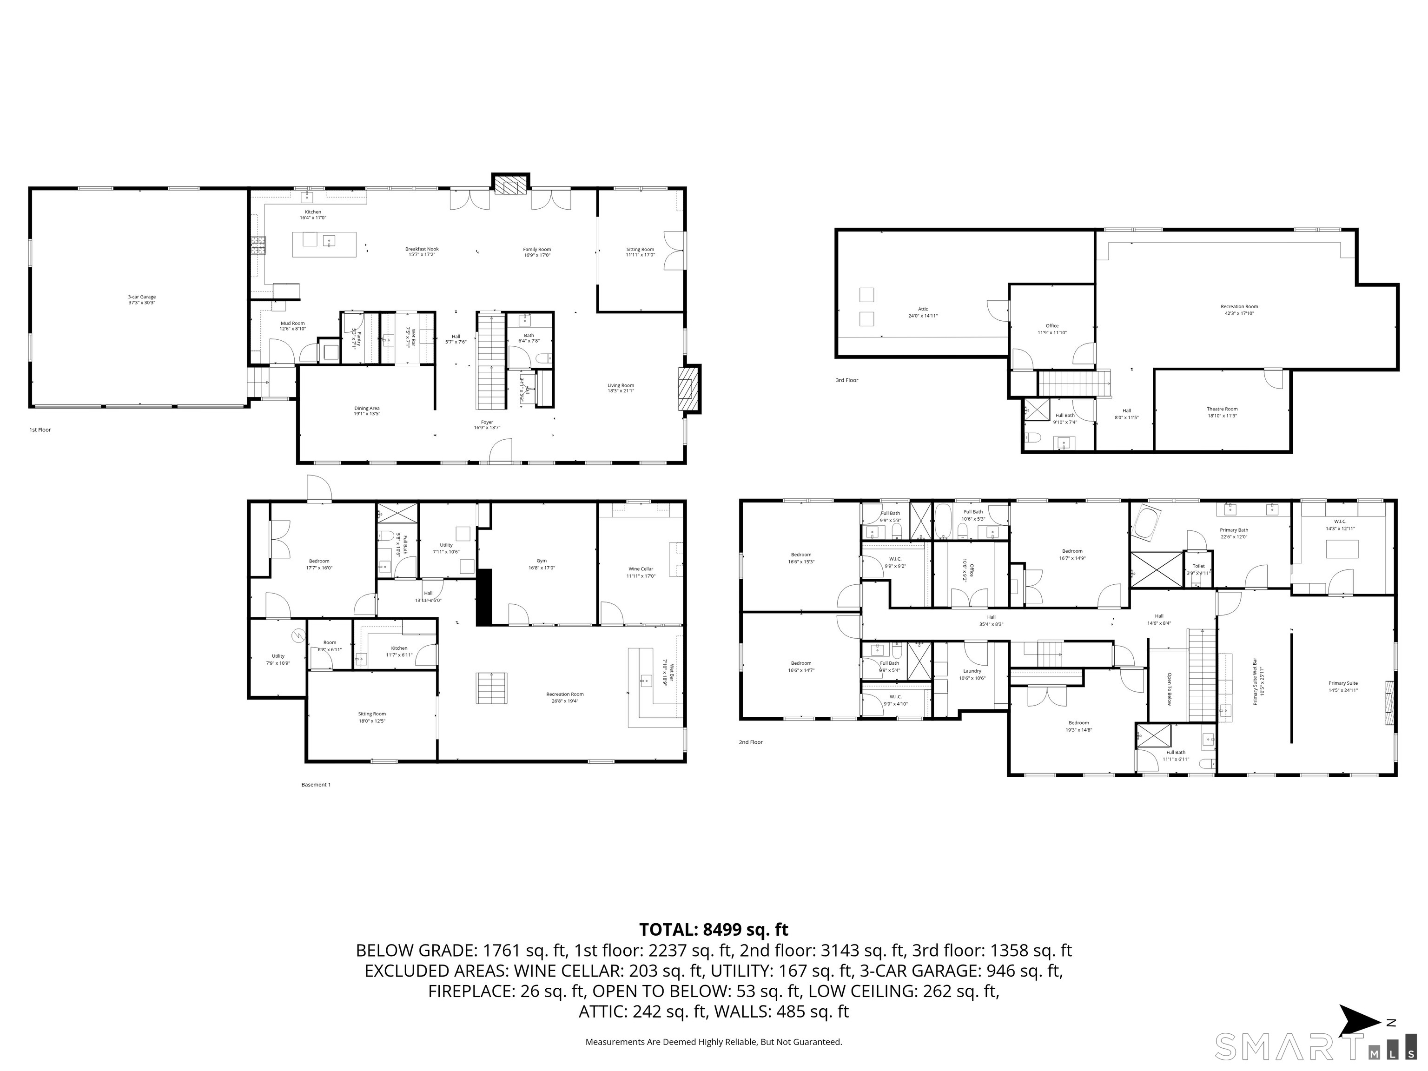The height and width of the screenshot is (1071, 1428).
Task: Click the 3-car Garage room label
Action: [141, 299]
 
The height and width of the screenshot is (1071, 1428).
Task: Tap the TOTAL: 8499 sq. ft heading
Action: [714, 930]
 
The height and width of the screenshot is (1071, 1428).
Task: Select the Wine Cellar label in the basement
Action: [641, 572]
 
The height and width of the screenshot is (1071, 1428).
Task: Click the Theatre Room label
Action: [1222, 412]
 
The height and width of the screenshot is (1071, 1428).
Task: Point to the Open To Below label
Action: [1169, 689]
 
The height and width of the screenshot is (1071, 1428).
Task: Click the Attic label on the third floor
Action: [923, 312]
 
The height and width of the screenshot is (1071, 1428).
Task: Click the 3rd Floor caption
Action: [846, 380]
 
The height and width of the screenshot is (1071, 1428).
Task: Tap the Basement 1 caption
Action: [316, 784]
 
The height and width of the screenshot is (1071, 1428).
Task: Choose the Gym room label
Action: [542, 564]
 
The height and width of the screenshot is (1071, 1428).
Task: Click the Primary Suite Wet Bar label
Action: [1255, 682]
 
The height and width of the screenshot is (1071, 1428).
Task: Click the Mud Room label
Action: [292, 326]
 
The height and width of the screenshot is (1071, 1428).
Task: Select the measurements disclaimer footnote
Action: [714, 1041]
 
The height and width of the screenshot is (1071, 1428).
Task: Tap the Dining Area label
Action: [367, 410]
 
